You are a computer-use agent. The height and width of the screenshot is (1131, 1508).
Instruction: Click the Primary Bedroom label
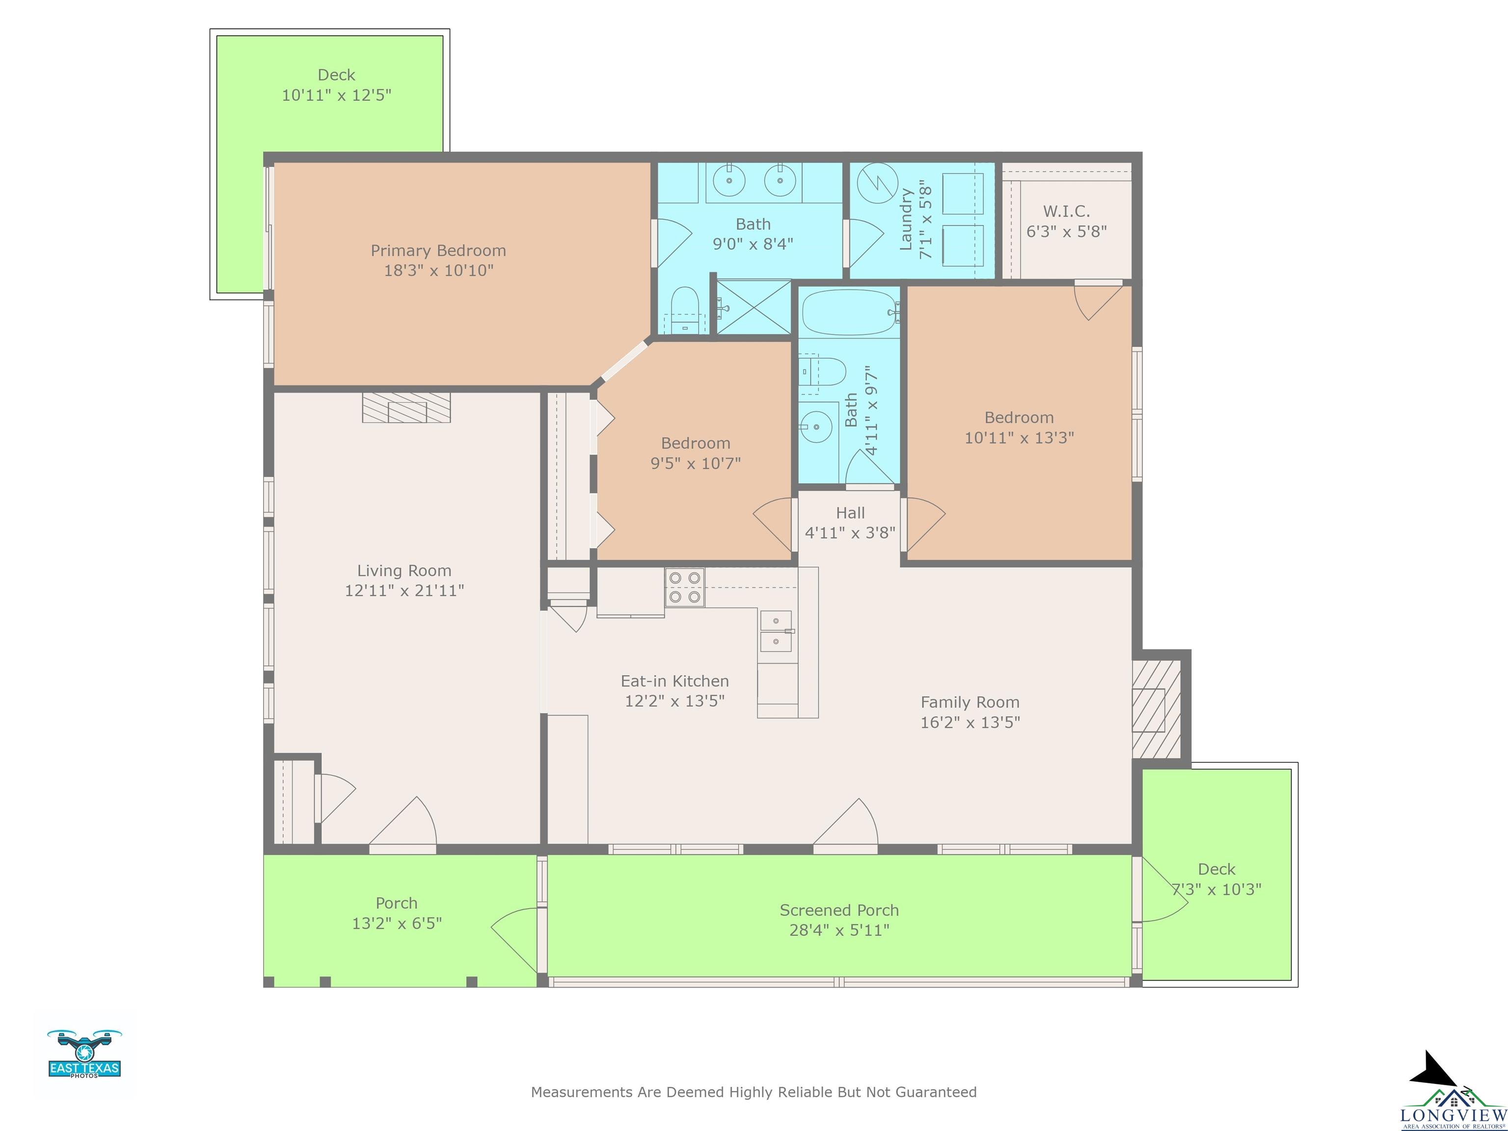click(438, 251)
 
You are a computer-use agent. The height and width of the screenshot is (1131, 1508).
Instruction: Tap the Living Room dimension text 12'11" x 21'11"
click(404, 591)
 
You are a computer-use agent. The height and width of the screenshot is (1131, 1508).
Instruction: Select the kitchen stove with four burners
click(684, 588)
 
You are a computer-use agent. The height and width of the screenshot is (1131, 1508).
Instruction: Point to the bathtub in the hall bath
click(849, 312)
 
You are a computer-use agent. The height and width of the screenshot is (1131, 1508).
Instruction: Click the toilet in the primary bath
click(685, 310)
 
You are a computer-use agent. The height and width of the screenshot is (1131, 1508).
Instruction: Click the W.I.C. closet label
click(1066, 212)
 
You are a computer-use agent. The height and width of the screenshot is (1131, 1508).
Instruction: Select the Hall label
click(850, 512)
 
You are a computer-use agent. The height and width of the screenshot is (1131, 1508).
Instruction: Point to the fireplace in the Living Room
click(406, 407)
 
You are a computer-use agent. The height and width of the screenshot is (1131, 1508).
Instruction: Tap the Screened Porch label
click(839, 910)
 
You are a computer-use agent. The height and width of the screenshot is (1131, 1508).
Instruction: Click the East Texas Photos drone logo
click(84, 1054)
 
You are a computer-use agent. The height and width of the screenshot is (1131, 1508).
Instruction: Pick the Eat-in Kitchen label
click(675, 681)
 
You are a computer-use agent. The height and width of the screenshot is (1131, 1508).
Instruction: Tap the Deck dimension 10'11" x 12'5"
click(337, 95)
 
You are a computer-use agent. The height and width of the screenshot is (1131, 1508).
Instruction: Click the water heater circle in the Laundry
click(877, 183)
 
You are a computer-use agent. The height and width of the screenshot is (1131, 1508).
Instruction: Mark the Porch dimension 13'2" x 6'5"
click(397, 923)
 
